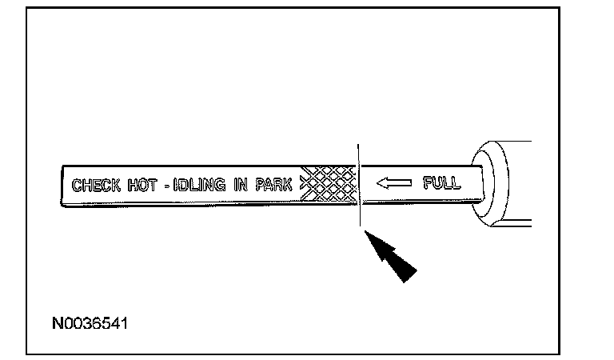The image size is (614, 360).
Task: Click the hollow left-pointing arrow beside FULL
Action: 393,184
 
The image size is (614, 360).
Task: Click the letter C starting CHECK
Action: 77,186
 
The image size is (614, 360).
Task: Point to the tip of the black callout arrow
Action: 366,233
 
